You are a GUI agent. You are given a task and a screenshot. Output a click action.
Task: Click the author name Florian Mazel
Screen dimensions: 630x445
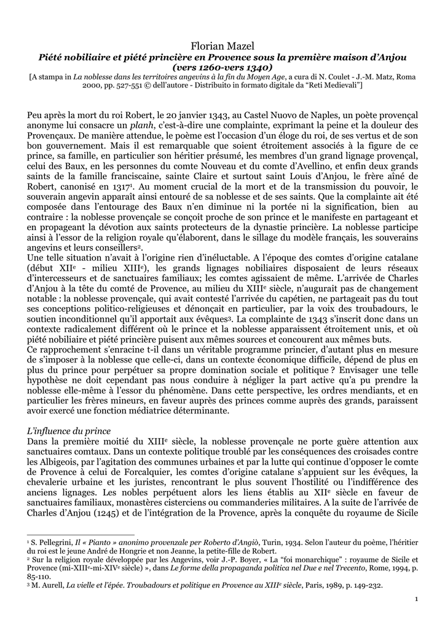pyautogui.click(x=222, y=47)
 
